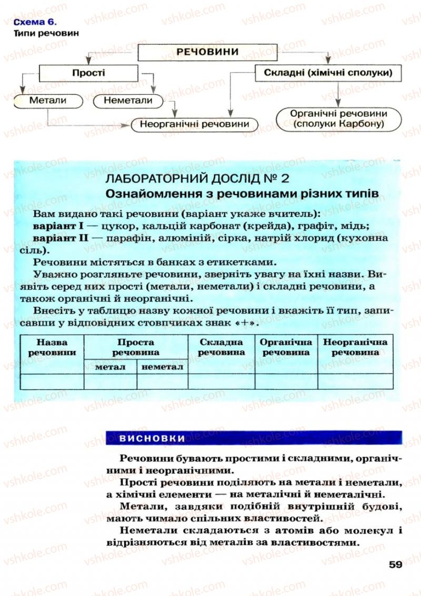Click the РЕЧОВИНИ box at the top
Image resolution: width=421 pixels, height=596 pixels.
tap(207, 52)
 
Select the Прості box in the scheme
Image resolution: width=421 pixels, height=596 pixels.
tap(88, 73)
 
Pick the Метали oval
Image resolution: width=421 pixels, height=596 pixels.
tap(48, 100)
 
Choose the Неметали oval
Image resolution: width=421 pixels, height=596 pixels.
tap(128, 100)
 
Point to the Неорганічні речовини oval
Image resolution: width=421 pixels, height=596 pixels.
tap(195, 124)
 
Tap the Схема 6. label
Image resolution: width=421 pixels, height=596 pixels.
tap(34, 22)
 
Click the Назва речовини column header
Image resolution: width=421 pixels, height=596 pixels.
tap(52, 347)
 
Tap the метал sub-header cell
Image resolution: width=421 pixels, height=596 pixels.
tap(110, 367)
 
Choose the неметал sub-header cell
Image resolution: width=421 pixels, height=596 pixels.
tap(162, 367)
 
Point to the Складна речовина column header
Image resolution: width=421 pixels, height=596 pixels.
tap(221, 347)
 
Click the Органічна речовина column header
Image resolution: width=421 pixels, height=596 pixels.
tap(286, 347)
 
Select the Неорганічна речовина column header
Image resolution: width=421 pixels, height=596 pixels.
tap(355, 347)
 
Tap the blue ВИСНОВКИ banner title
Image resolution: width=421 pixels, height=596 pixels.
tap(152, 438)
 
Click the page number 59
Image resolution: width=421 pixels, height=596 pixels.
tap(396, 564)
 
